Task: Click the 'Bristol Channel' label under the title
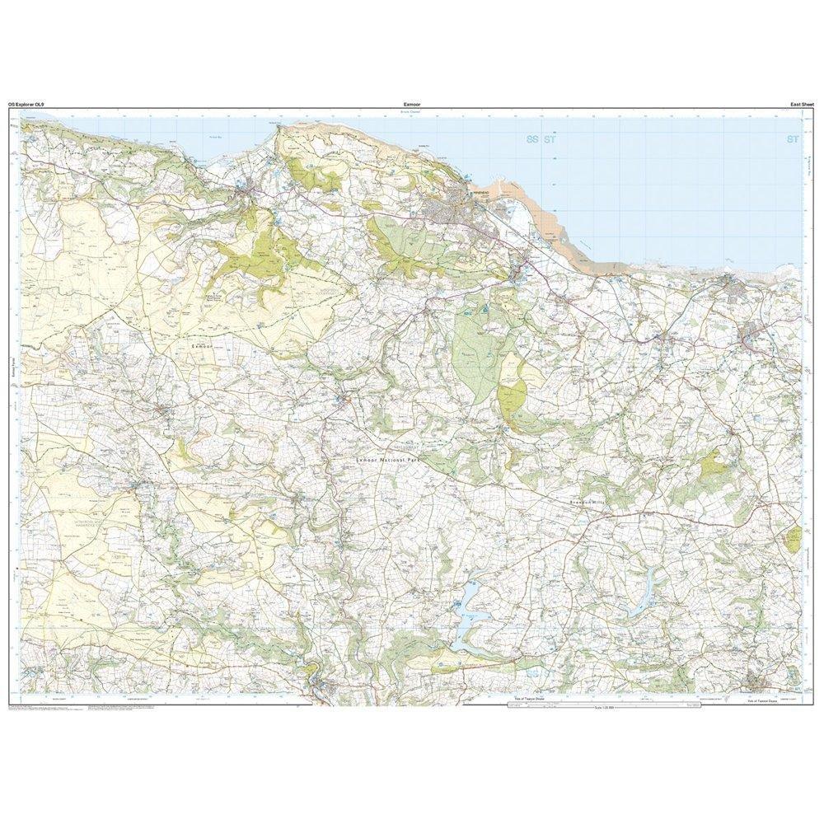coord(412,113)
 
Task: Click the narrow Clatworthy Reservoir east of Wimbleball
coord(639,593)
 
